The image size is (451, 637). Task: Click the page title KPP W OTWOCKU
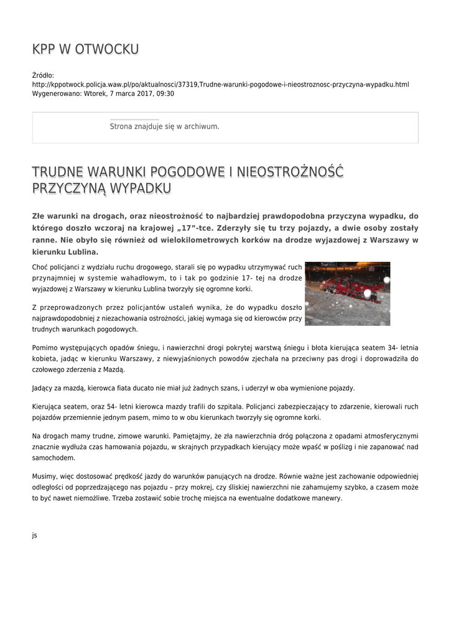click(85, 49)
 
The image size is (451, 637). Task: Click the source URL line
click(220, 84)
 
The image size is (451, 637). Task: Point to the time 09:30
click(164, 93)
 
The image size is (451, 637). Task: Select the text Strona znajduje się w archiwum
click(164, 126)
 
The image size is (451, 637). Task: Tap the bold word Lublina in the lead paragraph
click(77, 252)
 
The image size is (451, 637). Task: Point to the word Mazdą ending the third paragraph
click(113, 370)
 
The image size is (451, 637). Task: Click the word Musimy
click(45, 476)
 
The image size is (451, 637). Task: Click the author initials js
click(35, 535)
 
